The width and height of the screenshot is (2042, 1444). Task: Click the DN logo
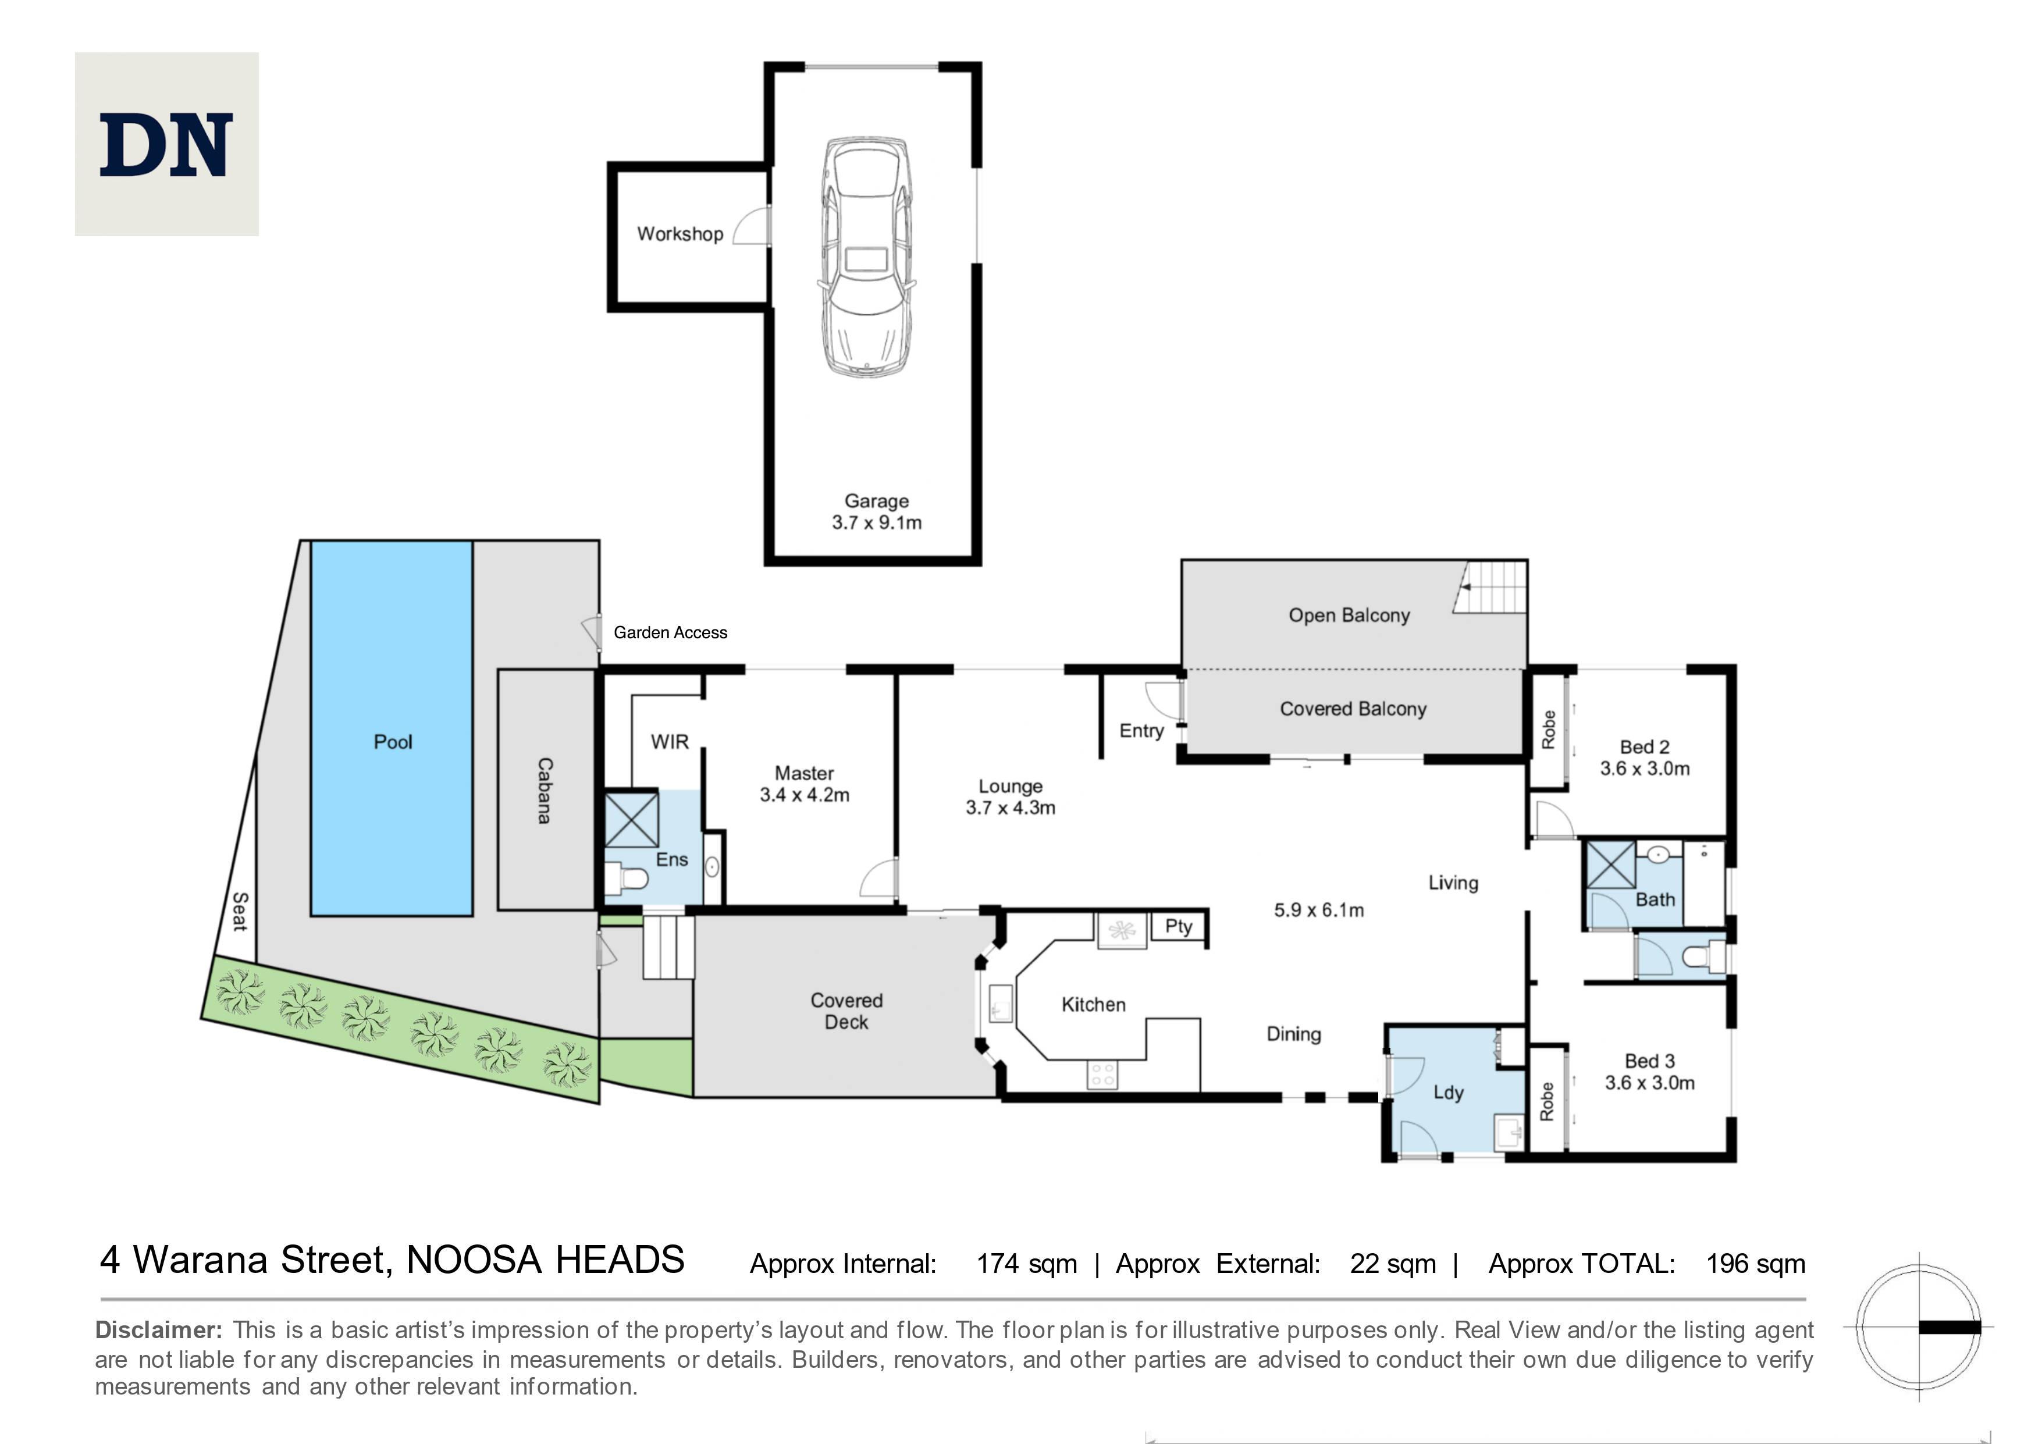[x=166, y=144]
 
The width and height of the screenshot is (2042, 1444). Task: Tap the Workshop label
[x=680, y=234]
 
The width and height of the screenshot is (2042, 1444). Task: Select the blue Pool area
[x=392, y=727]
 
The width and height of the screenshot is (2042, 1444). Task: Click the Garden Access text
[x=671, y=632]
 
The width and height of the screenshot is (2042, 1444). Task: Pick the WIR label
[x=670, y=742]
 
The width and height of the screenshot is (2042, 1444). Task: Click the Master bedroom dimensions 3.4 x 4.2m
[x=804, y=795]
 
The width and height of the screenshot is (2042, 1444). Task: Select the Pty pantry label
[x=1179, y=927]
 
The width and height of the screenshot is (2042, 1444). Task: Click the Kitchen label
[x=1093, y=1005]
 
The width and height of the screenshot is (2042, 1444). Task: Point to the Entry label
[x=1141, y=731]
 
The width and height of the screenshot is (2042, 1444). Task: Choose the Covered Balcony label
[x=1353, y=709]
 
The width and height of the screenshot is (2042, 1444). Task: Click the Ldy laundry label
[x=1448, y=1093]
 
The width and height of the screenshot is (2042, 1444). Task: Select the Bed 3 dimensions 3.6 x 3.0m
[x=1650, y=1083]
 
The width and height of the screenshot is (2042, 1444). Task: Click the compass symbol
[x=1919, y=1328]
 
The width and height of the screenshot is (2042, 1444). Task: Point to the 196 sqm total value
[x=1756, y=1264]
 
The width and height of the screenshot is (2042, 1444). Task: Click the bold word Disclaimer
[x=158, y=1330]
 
